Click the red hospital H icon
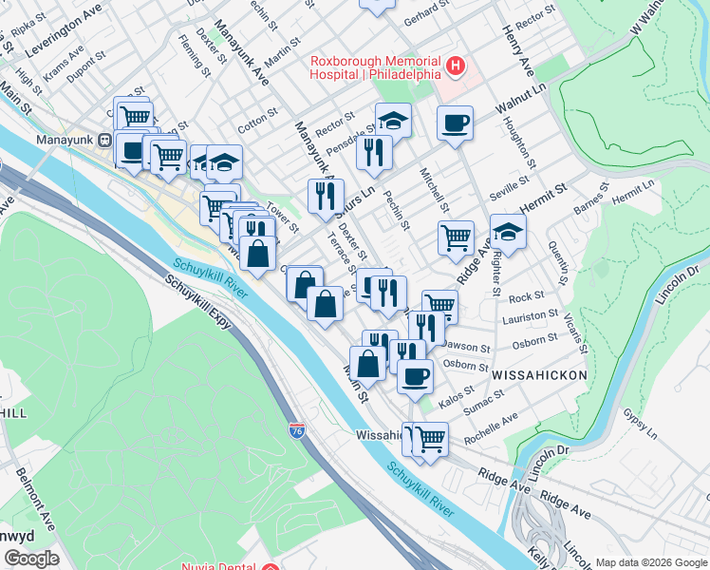pyautogui.click(x=456, y=66)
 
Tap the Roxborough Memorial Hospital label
pyautogui.click(x=376, y=66)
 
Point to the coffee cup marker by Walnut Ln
pyautogui.click(x=456, y=123)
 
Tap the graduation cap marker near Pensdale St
pyautogui.click(x=393, y=121)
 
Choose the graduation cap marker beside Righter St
pyautogui.click(x=508, y=233)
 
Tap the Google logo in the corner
pyautogui.click(x=31, y=560)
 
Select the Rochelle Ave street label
pyautogui.click(x=492, y=421)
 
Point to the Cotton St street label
pyautogui.click(x=256, y=123)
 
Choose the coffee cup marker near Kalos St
pyautogui.click(x=415, y=376)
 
